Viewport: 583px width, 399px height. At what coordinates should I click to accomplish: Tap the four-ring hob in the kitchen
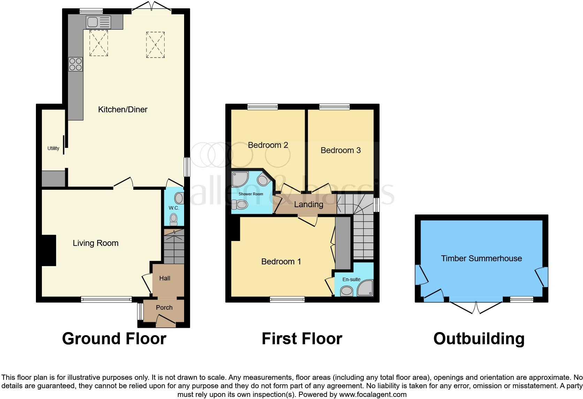point(76,64)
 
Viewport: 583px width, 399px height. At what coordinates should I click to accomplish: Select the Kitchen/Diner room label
point(123,110)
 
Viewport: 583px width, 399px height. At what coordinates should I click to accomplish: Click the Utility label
point(53,148)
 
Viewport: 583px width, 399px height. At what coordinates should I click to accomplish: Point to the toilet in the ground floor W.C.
point(173,219)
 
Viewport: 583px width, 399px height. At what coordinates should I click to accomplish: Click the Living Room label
point(96,243)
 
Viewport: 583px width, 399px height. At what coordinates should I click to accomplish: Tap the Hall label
point(165,278)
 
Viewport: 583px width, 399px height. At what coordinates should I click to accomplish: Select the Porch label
point(164,307)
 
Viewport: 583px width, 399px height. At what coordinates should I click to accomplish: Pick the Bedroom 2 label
point(268,145)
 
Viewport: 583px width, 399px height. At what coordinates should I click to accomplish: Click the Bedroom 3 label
point(340,150)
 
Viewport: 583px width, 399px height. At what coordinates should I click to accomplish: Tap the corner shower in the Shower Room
point(240,179)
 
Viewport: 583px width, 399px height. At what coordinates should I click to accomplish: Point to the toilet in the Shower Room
point(239,204)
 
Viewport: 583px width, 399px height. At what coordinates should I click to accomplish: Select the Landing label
point(308,204)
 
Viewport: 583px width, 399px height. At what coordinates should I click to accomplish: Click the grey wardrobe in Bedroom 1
point(343,243)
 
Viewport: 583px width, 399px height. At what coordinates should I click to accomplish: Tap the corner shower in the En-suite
point(365,288)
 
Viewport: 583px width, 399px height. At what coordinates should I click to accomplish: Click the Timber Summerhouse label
point(481,258)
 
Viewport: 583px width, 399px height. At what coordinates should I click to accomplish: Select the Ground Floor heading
point(114,339)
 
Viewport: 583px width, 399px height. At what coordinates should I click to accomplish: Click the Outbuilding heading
point(479,339)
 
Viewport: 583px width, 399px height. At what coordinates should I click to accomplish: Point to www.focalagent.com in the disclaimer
point(373,395)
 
